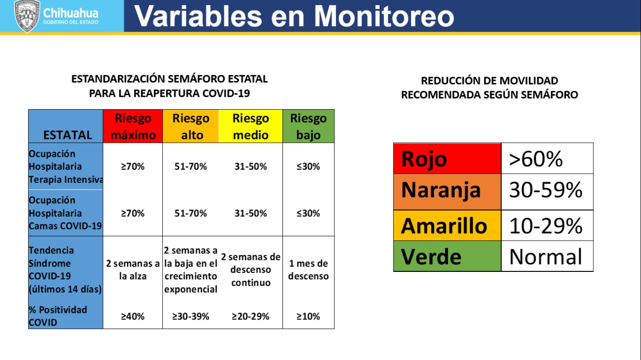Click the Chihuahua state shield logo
tap(27, 16)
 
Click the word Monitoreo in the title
tap(384, 17)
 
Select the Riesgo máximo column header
tap(133, 126)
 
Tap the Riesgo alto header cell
tap(191, 126)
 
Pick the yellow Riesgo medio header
tap(251, 126)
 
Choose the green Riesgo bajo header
tap(308, 126)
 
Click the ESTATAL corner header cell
tap(66, 126)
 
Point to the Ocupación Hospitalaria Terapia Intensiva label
tap(66, 167)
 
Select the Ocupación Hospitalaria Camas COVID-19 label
tap(65, 213)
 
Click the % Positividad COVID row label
tap(58, 316)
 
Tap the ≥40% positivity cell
tap(133, 316)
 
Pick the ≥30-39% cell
tap(191, 316)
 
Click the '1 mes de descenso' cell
tap(308, 269)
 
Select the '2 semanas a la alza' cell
tap(133, 269)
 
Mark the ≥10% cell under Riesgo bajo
tap(308, 316)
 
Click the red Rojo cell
tap(447, 159)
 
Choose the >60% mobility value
tap(536, 159)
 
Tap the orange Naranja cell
tap(447, 192)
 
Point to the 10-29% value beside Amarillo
tap(546, 226)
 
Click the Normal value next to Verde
tap(546, 257)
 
